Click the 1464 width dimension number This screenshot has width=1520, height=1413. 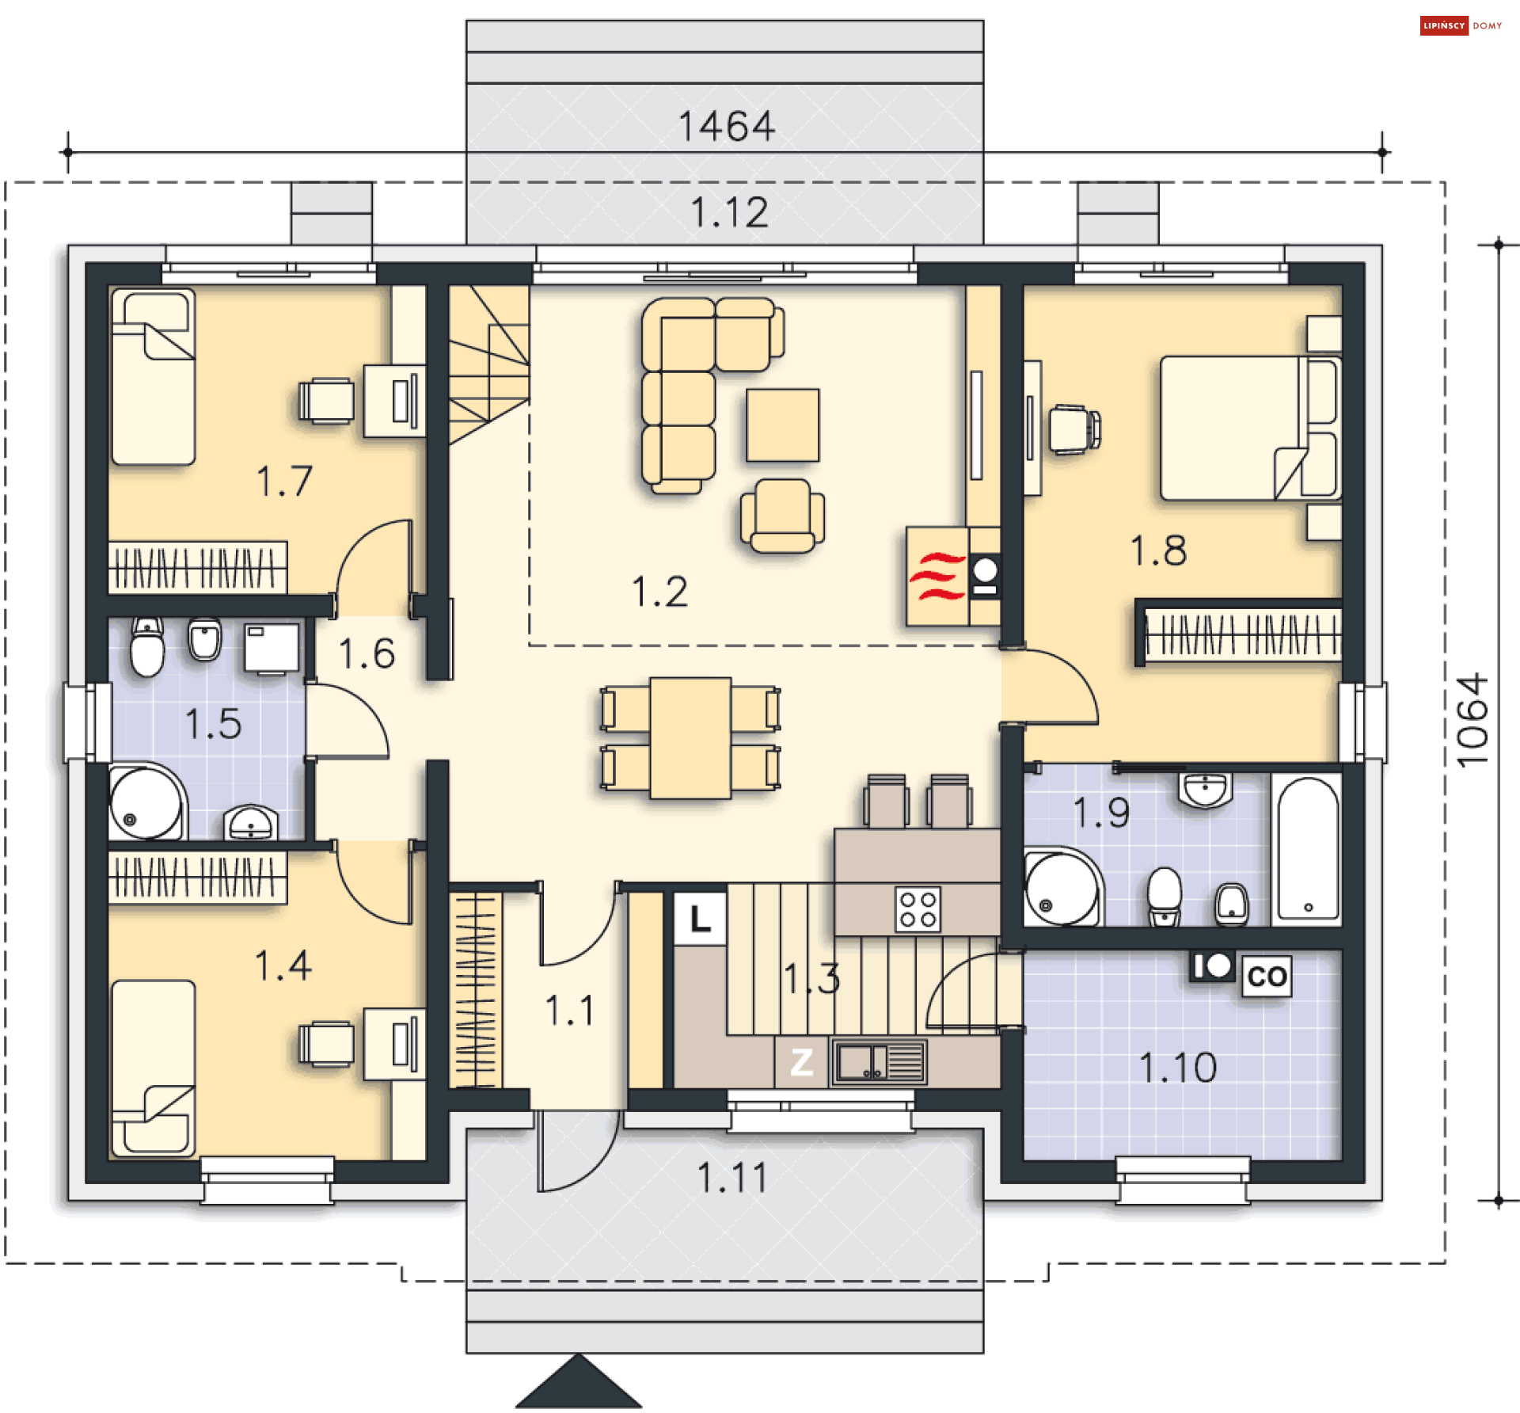(x=727, y=127)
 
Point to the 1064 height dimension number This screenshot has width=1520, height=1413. (x=1473, y=721)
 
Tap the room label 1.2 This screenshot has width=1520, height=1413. (x=659, y=592)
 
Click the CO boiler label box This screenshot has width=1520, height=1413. (x=1267, y=976)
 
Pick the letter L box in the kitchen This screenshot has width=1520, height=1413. (x=700, y=920)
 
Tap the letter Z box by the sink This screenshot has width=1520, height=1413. (x=802, y=1062)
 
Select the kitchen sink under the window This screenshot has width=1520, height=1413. (x=879, y=1062)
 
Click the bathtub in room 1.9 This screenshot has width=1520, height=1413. (x=1307, y=850)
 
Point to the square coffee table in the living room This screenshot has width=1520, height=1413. (x=783, y=425)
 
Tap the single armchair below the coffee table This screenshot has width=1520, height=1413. (x=782, y=516)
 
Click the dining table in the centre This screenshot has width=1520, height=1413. (x=690, y=738)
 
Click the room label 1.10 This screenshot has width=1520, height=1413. (x=1177, y=1068)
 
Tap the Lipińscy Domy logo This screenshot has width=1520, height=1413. (x=1461, y=25)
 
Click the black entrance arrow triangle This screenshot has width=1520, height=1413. (x=579, y=1382)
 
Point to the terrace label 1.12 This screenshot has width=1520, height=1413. (x=729, y=212)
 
